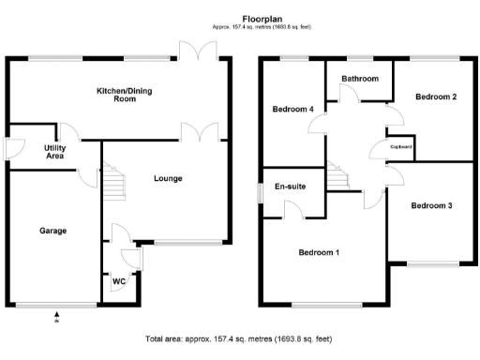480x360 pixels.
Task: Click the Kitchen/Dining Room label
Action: coord(118,95)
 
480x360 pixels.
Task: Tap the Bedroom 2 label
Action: coord(436,97)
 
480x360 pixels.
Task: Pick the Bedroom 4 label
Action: coord(293,110)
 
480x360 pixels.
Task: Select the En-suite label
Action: coord(292,186)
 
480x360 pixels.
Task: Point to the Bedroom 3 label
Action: coord(432,205)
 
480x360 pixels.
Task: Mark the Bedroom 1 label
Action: coord(320,251)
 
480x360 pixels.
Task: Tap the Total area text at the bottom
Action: coord(239,338)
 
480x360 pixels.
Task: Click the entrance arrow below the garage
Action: coord(56,316)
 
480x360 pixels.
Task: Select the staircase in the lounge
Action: coord(112,176)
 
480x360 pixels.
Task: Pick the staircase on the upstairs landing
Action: coord(337,173)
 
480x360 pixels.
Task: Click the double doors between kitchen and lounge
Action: coord(202,131)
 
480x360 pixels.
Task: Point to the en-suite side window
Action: coord(261,189)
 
